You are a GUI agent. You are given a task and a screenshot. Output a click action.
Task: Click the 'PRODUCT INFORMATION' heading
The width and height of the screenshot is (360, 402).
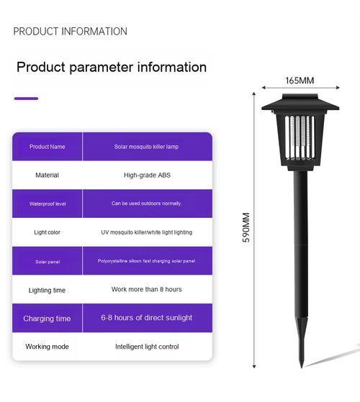click(x=70, y=31)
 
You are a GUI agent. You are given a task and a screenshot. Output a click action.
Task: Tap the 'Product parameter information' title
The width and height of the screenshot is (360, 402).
click(x=112, y=67)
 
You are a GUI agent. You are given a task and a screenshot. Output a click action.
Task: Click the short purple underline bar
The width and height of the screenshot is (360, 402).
click(x=26, y=99)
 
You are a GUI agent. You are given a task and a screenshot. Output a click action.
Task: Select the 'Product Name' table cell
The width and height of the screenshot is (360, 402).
click(x=48, y=147)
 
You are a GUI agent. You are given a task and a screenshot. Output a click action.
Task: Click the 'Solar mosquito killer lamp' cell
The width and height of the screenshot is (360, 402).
click(x=146, y=147)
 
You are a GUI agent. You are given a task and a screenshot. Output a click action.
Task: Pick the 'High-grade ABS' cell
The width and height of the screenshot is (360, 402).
click(x=147, y=175)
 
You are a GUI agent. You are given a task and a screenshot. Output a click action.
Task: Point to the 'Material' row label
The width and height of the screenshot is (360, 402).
click(x=47, y=175)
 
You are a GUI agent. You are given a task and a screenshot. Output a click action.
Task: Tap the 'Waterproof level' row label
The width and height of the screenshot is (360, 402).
click(x=48, y=204)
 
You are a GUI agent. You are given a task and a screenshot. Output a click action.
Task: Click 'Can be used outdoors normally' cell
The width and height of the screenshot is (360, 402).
click(x=146, y=204)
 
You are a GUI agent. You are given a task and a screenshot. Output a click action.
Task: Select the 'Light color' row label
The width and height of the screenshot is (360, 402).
click(x=47, y=232)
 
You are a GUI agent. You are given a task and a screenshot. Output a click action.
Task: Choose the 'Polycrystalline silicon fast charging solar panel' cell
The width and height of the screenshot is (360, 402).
click(x=146, y=261)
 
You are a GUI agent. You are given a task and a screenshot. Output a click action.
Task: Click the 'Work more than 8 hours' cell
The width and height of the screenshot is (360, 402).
click(x=146, y=289)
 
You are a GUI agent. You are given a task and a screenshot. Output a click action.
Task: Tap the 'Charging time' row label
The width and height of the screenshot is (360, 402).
click(x=47, y=319)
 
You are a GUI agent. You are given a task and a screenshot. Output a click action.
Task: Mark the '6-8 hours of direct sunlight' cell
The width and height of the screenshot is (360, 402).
click(x=146, y=318)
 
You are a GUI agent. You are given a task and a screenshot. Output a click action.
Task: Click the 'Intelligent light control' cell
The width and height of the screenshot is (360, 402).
click(x=147, y=347)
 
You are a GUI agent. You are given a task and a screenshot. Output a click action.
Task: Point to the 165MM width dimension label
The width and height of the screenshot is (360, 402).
click(x=300, y=81)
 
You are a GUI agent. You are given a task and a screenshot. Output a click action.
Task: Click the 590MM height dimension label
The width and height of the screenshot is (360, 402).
click(x=246, y=227)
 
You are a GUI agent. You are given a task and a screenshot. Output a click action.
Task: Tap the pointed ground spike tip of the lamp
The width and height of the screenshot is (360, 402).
click(x=302, y=367)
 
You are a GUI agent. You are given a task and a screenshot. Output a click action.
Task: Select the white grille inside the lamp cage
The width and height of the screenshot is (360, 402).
click(x=300, y=137)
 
